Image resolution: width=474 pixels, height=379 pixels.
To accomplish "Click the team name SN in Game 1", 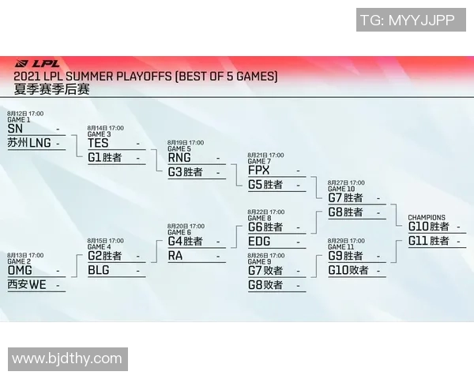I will (x=15, y=129).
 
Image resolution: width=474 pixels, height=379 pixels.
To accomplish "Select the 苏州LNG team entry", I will (x=28, y=144).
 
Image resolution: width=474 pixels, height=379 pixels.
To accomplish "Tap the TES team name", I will (x=98, y=144).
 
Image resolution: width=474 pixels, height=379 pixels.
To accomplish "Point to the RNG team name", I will (x=179, y=157).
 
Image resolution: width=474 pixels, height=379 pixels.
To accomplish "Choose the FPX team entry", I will (x=258, y=171).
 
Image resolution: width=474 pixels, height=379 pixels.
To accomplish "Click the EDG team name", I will (x=259, y=242).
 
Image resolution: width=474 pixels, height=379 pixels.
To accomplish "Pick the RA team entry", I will (x=175, y=255).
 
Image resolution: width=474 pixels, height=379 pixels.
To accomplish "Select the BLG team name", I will (x=99, y=270).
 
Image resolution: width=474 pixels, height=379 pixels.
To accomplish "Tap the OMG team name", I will (x=20, y=270).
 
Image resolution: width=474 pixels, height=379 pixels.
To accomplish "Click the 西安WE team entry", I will (x=27, y=285).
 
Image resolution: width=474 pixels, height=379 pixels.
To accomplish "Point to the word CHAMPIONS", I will (x=427, y=217).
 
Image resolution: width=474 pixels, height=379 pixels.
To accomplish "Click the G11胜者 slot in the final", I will (x=428, y=241).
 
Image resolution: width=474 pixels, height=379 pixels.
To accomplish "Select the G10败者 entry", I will (x=348, y=270).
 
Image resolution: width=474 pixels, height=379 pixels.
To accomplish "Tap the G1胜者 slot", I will (x=104, y=158).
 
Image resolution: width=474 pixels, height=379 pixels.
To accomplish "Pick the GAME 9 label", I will (x=259, y=261).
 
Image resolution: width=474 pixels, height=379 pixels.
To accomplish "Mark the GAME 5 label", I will (x=179, y=148).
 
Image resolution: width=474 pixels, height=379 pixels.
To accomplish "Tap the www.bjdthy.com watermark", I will (x=67, y=359).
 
